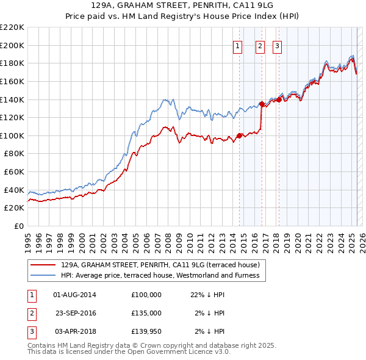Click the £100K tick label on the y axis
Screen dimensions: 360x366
tap(12, 135)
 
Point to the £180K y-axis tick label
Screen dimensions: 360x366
tap(12, 63)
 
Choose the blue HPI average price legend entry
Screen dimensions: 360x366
tap(160, 276)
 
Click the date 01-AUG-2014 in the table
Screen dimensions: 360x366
tap(75, 295)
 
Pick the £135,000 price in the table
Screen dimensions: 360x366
tap(146, 313)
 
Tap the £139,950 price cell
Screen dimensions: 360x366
tap(146, 331)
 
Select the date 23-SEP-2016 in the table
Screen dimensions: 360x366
tap(76, 313)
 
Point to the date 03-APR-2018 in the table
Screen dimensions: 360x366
tap(75, 331)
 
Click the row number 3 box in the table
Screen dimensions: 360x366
tap(31, 331)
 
